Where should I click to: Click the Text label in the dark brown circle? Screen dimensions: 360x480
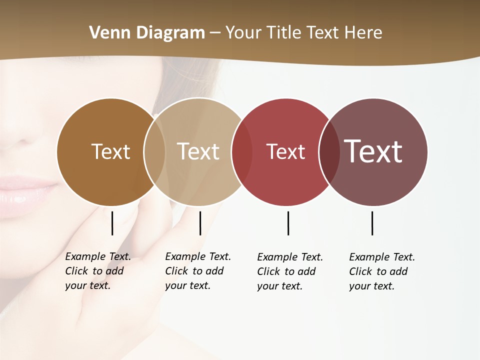[110, 151]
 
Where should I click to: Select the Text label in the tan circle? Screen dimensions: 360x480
[198, 151]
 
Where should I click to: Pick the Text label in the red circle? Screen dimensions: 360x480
[285, 151]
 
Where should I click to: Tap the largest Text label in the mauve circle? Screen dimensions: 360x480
[373, 151]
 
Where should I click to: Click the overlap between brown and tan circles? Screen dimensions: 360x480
[154, 151]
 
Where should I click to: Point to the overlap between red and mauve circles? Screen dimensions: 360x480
[328, 151]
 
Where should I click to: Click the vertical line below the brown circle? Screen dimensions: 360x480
[112, 223]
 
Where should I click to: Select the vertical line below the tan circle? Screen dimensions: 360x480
[200, 223]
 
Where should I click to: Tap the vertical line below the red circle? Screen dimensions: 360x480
[288, 223]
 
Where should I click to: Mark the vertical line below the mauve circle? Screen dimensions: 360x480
[372, 223]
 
